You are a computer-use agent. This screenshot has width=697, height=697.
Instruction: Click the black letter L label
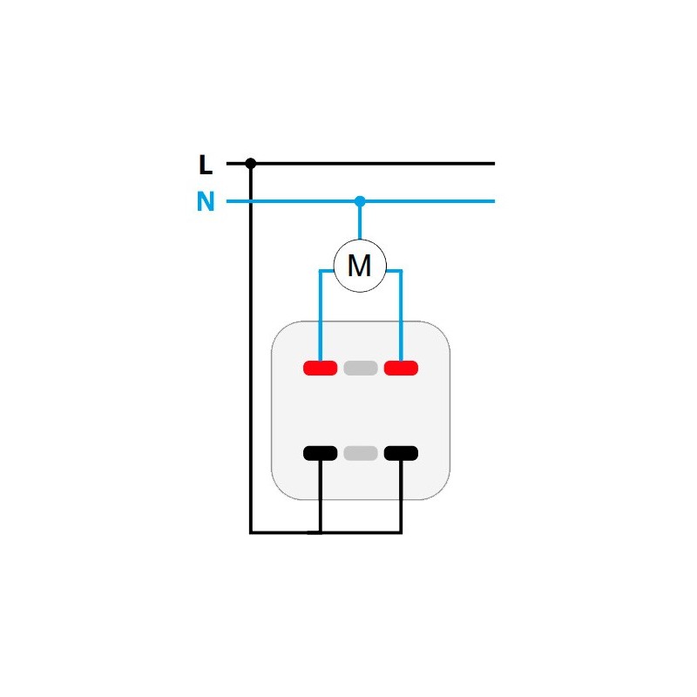[x=206, y=165]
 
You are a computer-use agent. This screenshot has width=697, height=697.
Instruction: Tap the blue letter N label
[x=206, y=201]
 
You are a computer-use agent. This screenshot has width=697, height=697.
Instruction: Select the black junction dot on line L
[x=251, y=163]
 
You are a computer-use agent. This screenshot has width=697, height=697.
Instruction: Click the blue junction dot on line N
[x=360, y=201]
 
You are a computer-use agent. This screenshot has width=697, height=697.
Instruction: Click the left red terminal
[x=320, y=368]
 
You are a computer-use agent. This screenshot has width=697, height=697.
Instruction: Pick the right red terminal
[x=401, y=368]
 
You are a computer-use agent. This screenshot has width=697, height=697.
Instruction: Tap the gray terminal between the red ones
[x=361, y=368]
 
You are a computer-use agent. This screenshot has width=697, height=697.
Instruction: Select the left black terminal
[x=320, y=453]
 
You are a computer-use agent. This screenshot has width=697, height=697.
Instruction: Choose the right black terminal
[x=401, y=453]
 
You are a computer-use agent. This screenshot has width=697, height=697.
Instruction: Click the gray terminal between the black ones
[x=361, y=453]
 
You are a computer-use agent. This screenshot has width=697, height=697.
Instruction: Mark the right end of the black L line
[x=494, y=164]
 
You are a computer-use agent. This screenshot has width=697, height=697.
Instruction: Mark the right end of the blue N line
[x=494, y=201]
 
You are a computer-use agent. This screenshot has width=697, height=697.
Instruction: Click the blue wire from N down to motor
[x=360, y=221]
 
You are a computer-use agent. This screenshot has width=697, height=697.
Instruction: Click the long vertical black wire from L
[x=251, y=348]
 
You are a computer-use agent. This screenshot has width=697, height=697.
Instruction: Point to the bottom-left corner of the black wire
[x=251, y=532]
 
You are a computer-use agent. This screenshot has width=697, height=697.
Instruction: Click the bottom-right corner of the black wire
[x=401, y=532]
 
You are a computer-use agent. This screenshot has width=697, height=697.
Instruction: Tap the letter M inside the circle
[x=359, y=266]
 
